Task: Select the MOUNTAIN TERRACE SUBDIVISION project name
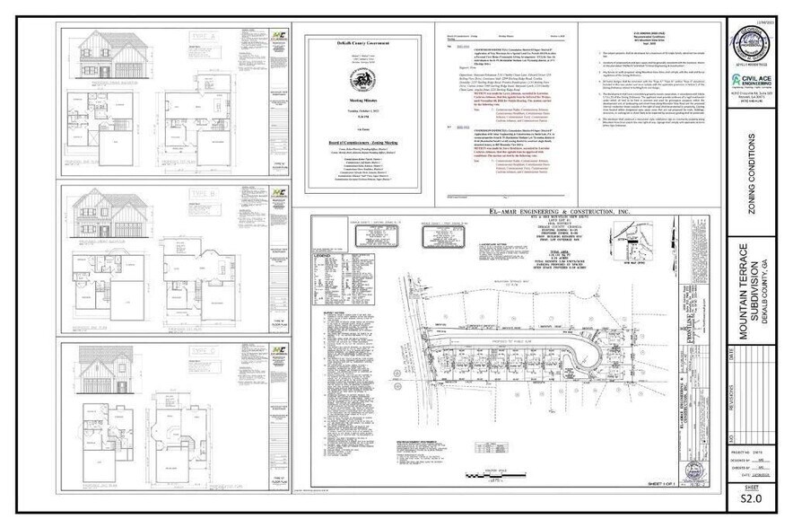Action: (x=749, y=291)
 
